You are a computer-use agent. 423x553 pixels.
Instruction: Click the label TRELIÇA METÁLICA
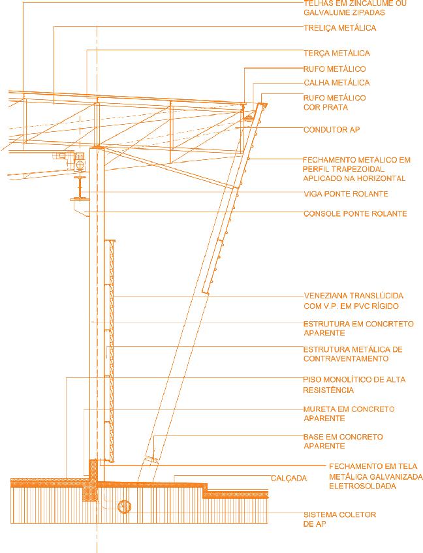point(339,28)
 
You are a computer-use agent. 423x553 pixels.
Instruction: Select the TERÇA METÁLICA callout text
point(337,53)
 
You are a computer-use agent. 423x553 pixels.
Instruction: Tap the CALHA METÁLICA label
point(336,83)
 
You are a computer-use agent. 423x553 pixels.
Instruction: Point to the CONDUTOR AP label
point(332,130)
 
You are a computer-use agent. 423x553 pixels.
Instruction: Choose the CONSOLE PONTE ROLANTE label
point(355,213)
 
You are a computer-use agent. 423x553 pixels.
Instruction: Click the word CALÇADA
point(289,479)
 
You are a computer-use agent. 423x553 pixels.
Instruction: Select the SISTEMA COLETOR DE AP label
point(339,520)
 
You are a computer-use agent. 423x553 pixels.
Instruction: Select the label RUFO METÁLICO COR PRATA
point(334,102)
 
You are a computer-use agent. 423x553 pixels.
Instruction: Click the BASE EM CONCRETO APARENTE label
point(343,441)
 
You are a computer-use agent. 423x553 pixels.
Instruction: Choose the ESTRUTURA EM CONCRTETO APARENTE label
point(358,328)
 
